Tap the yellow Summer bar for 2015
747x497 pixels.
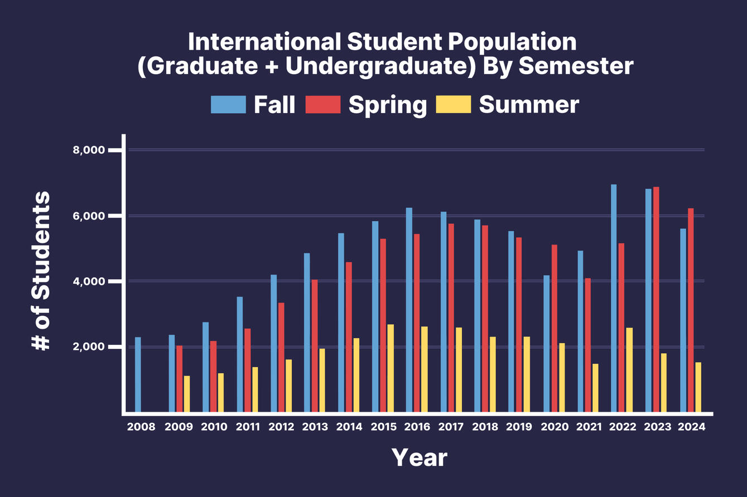tap(391, 368)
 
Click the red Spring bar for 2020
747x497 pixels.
tap(554, 329)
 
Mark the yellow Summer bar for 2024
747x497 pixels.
tap(698, 387)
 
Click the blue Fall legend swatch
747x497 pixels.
tap(228, 105)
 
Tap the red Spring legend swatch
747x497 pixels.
tap(323, 105)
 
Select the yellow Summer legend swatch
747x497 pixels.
tap(454, 105)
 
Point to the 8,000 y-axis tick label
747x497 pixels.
tap(89, 150)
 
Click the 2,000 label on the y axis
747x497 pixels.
tap(89, 347)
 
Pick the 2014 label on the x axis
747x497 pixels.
tap(349, 427)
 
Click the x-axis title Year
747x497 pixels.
tap(420, 457)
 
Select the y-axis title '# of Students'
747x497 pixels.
tap(41, 271)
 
